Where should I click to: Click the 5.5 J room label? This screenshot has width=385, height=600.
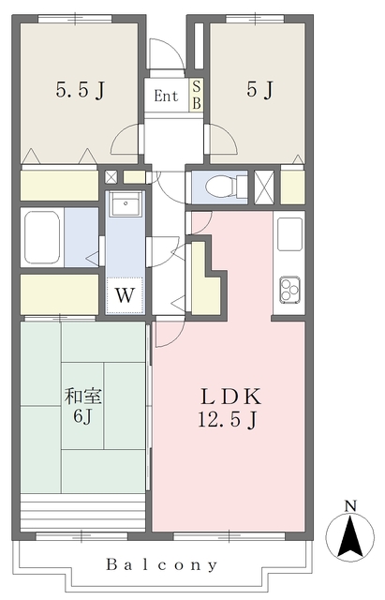[x=80, y=90]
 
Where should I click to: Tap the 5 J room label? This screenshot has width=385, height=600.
[x=259, y=90]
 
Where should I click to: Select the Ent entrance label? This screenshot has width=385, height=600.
[x=166, y=96]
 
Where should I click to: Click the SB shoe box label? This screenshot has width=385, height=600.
[x=197, y=95]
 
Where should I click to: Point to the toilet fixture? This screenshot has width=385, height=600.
[x=226, y=187]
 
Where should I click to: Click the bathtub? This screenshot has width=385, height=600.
[x=41, y=237]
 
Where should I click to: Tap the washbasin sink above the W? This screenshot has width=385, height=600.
[x=126, y=203]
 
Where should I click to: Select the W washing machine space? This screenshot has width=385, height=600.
[x=125, y=295]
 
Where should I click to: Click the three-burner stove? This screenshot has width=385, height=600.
[x=290, y=290]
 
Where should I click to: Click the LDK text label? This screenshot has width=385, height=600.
[x=231, y=397]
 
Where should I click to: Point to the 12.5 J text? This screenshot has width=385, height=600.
[x=228, y=419]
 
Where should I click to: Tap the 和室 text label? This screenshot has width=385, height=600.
[x=83, y=396]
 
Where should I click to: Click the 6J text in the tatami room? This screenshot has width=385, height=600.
[x=82, y=416]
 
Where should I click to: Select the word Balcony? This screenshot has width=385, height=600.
[x=162, y=564]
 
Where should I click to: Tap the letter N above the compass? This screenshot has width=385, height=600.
[x=350, y=506]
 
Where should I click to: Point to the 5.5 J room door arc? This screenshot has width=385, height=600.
[x=125, y=140]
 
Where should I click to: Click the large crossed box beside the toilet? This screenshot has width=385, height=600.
[x=264, y=187]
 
